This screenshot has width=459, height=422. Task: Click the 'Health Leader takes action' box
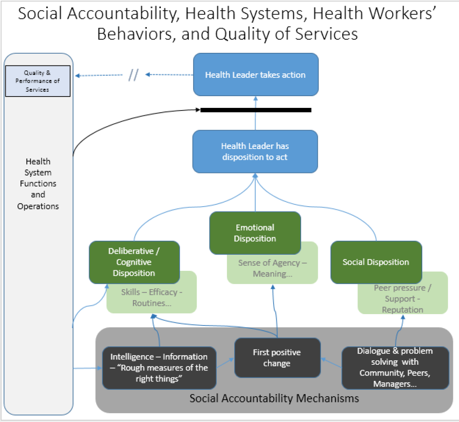(256, 75)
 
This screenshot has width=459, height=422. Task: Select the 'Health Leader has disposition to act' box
(255, 152)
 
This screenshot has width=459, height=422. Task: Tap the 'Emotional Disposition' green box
(255, 233)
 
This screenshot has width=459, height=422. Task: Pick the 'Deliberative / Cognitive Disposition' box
(134, 262)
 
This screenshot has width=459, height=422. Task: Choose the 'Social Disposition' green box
(376, 262)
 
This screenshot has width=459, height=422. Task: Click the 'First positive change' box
(277, 358)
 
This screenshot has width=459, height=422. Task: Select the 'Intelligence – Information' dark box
(159, 368)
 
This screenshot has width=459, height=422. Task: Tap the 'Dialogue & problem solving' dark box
(395, 367)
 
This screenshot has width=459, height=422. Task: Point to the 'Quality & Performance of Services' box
(38, 81)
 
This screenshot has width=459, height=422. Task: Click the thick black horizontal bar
(256, 110)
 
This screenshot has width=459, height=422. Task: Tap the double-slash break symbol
(133, 75)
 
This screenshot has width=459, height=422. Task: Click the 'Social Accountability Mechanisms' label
(274, 398)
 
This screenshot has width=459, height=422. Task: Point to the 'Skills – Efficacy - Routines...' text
(152, 297)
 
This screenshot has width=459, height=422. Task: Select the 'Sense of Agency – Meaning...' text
(272, 268)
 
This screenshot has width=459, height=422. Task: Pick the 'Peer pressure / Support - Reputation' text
(403, 298)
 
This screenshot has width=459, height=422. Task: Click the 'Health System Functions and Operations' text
(38, 183)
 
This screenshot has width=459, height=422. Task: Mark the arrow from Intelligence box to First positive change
(225, 363)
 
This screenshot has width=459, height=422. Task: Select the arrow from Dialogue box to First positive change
(331, 363)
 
